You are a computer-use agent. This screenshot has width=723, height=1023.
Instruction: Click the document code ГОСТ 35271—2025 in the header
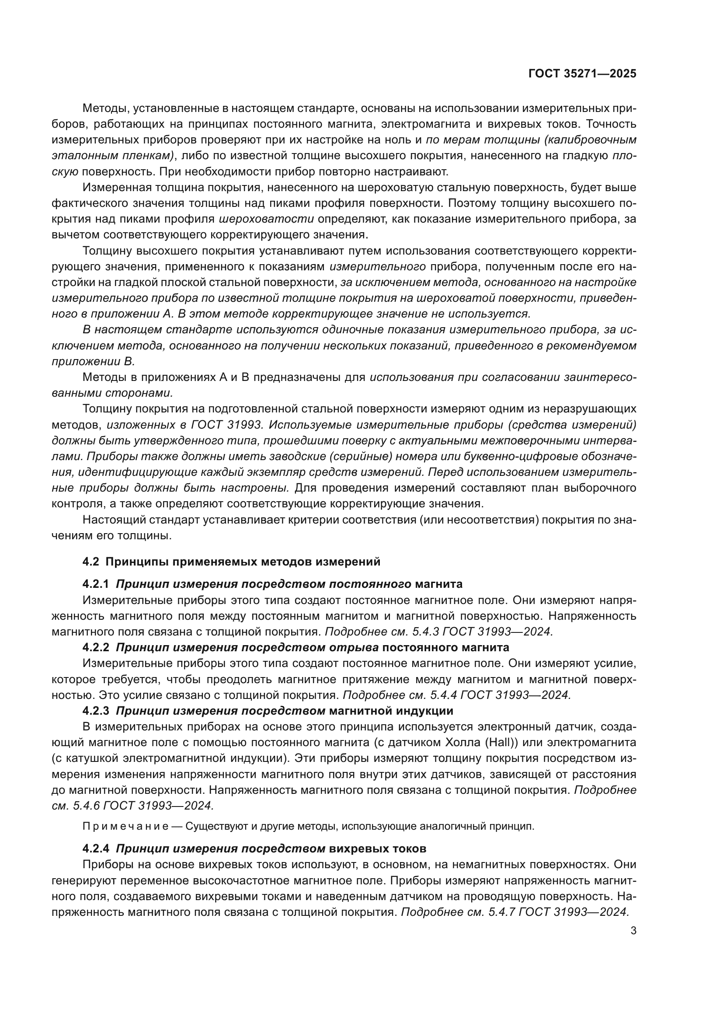[x=582, y=74]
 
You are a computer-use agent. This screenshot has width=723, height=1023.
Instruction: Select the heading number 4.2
[x=90, y=562]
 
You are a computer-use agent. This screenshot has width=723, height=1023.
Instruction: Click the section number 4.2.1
[x=95, y=584]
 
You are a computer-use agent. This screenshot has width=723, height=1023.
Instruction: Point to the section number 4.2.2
[x=95, y=647]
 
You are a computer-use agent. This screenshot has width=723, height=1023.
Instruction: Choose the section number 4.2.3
[x=95, y=711]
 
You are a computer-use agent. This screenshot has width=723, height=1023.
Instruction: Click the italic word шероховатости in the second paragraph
[x=266, y=219]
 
